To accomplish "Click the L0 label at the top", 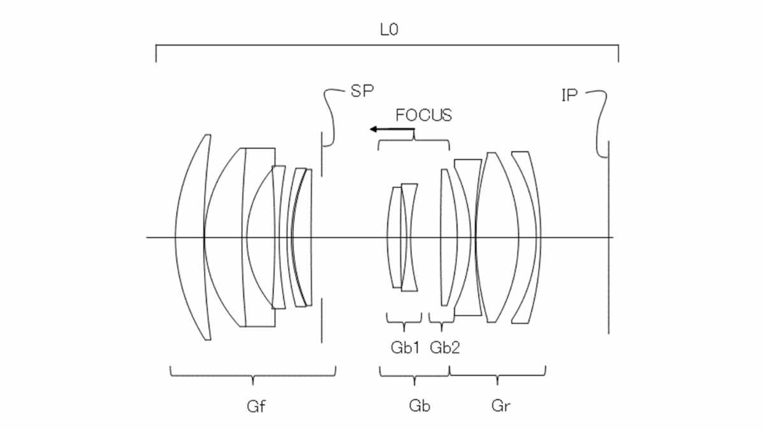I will tap(387, 29).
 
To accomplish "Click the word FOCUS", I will tap(423, 115).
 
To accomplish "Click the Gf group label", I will tap(253, 406).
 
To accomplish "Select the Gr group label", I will tap(500, 406).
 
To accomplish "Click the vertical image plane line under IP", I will tap(608, 255).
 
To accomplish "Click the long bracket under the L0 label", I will tap(387, 46).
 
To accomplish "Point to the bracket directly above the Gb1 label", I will tap(404, 318).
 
